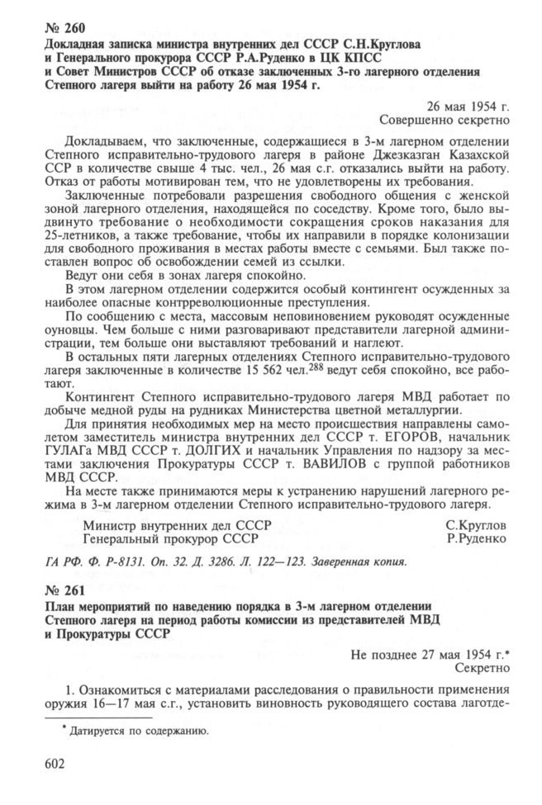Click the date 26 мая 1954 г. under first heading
click(468, 106)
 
